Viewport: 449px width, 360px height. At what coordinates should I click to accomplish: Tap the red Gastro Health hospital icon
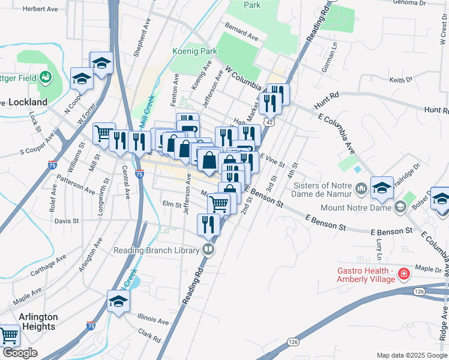405,274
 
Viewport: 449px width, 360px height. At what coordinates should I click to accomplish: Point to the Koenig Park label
194,52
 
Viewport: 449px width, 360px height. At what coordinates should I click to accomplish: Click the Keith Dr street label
402,79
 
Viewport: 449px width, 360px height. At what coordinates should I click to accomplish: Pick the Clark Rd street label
149,335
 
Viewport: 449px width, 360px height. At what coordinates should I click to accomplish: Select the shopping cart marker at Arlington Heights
8,335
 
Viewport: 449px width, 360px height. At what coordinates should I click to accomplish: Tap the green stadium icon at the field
45,77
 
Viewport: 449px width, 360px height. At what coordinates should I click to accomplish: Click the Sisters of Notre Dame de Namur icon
361,190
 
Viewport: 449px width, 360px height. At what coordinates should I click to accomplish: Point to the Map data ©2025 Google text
411,355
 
